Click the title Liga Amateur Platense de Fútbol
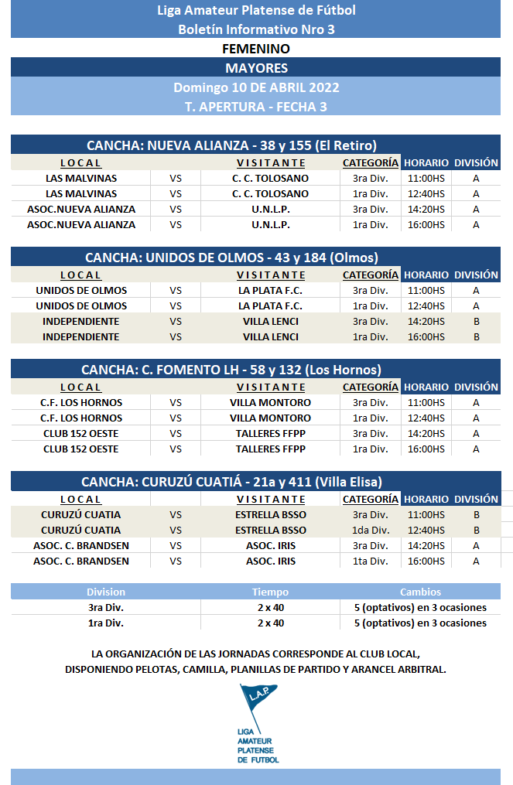[x=256, y=10]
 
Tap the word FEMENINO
[x=256, y=49]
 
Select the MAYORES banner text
[x=256, y=68]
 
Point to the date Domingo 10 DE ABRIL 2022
[x=256, y=87]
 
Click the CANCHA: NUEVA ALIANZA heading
[x=231, y=145]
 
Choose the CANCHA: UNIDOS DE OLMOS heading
[x=231, y=258]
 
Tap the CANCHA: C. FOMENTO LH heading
[x=231, y=370]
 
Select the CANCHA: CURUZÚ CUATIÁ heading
[x=231, y=482]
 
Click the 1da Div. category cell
[x=370, y=530]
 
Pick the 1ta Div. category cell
[x=370, y=561]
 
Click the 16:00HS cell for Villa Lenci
[x=426, y=336]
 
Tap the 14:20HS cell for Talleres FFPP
[x=426, y=433]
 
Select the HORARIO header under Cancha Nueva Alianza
[x=426, y=162]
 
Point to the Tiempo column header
[x=270, y=592]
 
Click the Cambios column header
[x=420, y=592]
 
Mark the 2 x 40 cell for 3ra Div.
[x=270, y=607]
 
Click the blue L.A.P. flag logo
[x=258, y=704]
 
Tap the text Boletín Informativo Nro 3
[x=256, y=29]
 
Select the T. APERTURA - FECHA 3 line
[x=256, y=107]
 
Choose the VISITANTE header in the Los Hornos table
[x=271, y=387]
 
